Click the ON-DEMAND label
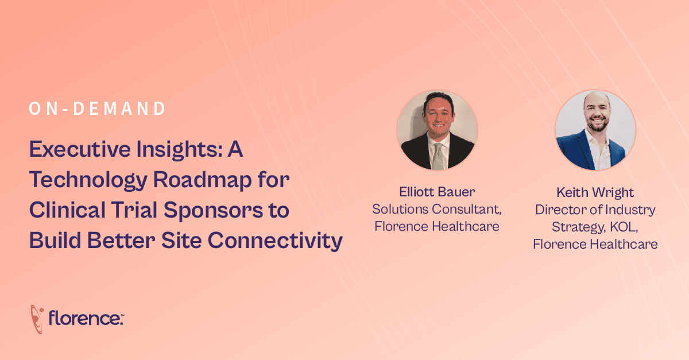point(97,109)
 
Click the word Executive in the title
point(80,149)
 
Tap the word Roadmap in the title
point(202,180)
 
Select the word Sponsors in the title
point(213,210)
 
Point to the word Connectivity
point(275,241)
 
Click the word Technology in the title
point(88,180)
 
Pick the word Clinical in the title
point(67,210)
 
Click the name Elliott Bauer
point(437,192)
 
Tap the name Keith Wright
point(595,192)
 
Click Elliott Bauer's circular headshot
point(437,130)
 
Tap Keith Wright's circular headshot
point(595,130)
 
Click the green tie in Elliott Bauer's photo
point(439,157)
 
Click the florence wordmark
point(86,318)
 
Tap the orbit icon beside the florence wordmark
point(37,319)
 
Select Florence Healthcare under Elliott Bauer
point(437,226)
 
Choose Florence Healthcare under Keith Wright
point(595,245)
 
